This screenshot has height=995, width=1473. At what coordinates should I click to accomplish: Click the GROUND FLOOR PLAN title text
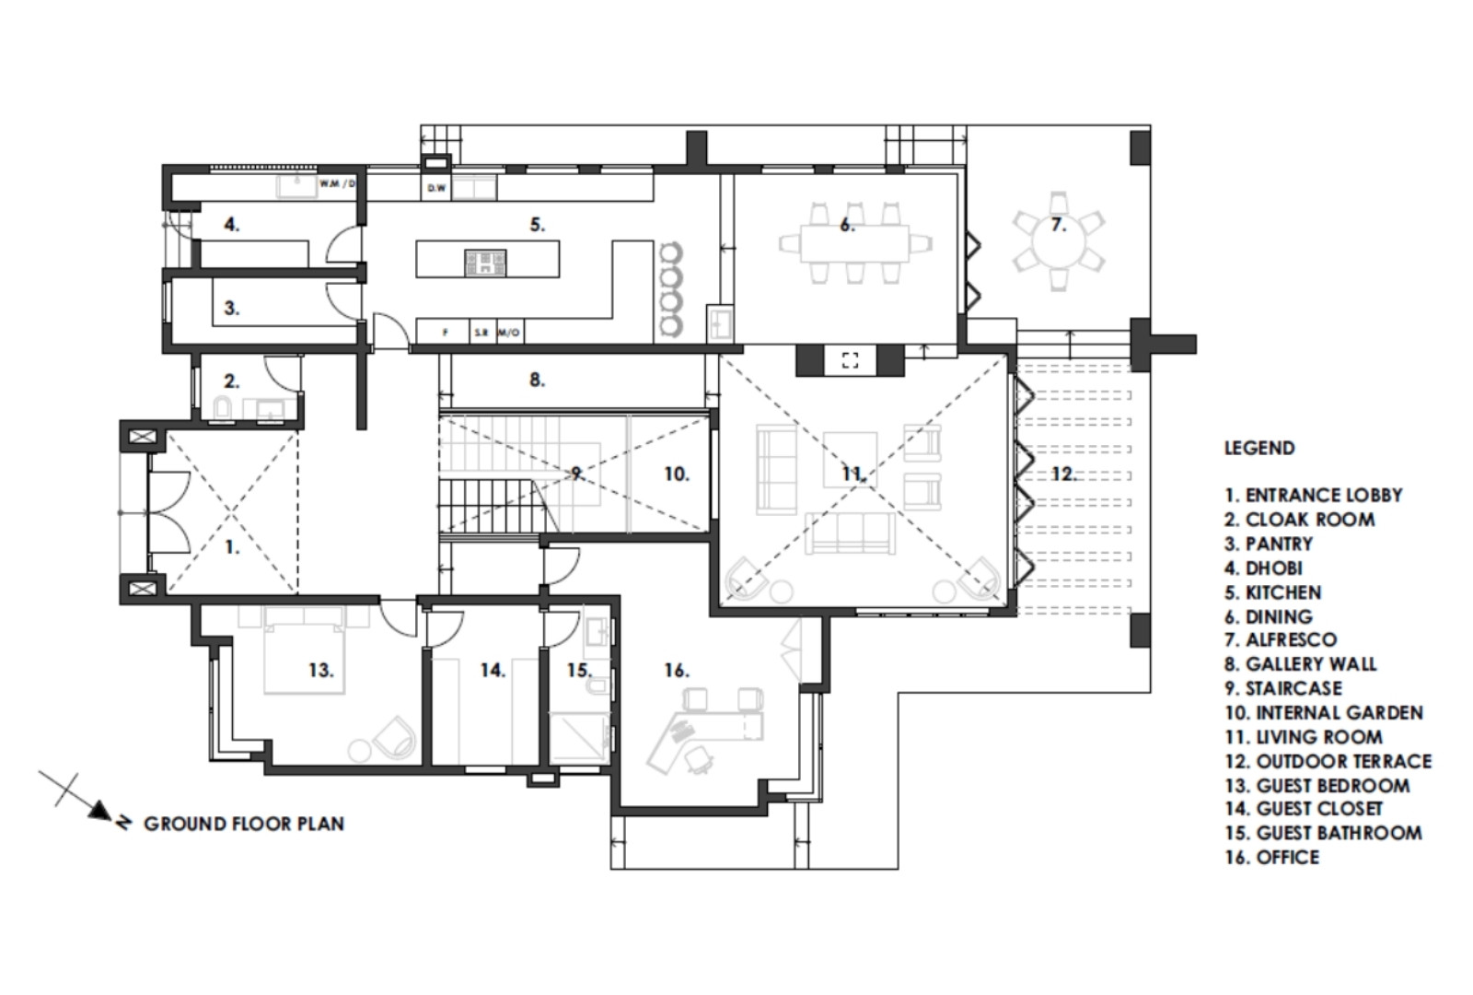point(244,824)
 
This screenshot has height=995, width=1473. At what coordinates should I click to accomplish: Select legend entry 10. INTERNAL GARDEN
point(1324,713)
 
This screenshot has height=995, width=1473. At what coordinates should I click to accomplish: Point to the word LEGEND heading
point(1259,448)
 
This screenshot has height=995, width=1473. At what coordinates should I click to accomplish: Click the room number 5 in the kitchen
point(537,225)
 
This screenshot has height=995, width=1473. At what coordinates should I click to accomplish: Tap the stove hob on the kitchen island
point(485,262)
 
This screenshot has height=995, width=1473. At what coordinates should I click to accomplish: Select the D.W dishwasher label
point(436,188)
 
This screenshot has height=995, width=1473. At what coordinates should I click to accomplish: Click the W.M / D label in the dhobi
point(337,183)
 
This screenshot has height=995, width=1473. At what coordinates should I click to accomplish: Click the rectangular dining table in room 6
point(854,244)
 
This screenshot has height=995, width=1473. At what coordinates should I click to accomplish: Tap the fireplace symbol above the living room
point(851,360)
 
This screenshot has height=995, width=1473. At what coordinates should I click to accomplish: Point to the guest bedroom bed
point(305,650)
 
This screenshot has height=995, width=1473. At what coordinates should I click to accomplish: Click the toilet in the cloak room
point(223,409)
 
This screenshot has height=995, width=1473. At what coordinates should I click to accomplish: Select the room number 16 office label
point(676,671)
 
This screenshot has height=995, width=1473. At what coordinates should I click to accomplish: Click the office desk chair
point(698,761)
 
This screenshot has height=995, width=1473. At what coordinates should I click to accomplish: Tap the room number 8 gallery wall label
point(537,380)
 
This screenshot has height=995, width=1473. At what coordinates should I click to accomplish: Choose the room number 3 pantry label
point(231,308)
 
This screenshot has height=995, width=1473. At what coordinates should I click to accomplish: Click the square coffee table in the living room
point(850,460)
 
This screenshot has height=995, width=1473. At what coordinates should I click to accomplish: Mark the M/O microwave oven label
point(509,333)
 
